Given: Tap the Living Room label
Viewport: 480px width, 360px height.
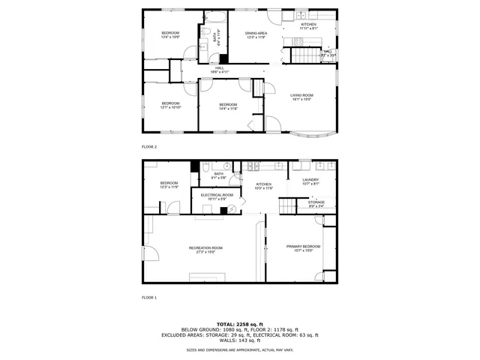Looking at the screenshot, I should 302,97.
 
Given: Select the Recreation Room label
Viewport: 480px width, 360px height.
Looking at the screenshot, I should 205,249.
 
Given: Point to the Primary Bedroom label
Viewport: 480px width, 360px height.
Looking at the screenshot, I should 304,247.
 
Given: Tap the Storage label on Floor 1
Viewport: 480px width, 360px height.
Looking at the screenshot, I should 316,203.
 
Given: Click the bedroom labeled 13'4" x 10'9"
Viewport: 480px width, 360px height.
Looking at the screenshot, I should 171,34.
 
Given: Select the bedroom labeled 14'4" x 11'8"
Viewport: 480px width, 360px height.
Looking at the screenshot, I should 228,106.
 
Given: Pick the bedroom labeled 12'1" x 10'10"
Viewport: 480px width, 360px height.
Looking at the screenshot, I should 170,105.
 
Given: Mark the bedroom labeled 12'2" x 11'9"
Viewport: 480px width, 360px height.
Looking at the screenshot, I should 169,184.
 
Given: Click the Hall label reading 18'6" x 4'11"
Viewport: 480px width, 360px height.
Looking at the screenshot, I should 220,70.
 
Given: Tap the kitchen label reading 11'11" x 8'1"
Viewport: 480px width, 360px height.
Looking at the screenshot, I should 309,26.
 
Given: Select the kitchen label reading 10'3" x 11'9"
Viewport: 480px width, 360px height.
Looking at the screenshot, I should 263,186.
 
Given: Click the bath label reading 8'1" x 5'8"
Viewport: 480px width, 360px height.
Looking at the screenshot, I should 218,175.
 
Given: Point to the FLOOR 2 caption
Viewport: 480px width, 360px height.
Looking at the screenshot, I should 149,147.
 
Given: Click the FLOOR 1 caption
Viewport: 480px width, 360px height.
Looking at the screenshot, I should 149,298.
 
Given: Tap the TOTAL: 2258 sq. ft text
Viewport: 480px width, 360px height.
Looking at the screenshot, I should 240,324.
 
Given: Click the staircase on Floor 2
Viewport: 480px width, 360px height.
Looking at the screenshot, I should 303,54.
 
